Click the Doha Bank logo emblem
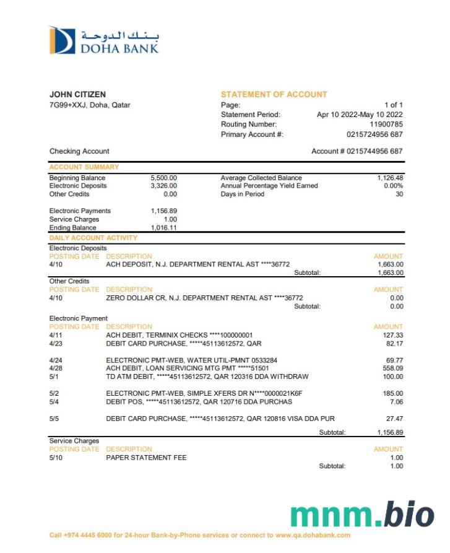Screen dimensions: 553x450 (x=62, y=40)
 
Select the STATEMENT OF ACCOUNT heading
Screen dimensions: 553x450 (x=274, y=95)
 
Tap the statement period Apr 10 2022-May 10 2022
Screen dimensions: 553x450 (x=360, y=115)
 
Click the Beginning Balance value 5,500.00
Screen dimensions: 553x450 (x=163, y=178)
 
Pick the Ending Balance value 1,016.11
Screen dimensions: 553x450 (x=163, y=228)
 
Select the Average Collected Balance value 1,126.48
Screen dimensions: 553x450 (x=390, y=178)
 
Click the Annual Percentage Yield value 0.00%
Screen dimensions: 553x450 (x=393, y=186)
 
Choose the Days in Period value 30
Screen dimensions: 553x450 (x=399, y=194)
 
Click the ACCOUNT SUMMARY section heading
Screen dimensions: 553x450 (x=84, y=167)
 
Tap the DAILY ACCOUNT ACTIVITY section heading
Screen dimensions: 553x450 (x=93, y=238)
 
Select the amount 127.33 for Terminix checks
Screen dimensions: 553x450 (x=393, y=335)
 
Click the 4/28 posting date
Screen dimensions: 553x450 (x=55, y=368)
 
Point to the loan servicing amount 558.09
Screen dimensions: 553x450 (x=393, y=368)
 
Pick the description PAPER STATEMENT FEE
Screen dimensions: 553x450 (x=146, y=458)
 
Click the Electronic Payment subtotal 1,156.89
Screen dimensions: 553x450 (x=390, y=432)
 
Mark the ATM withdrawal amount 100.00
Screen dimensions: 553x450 (x=393, y=377)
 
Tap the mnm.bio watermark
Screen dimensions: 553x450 (x=362, y=515)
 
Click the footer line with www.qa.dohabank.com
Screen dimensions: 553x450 (x=200, y=535)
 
